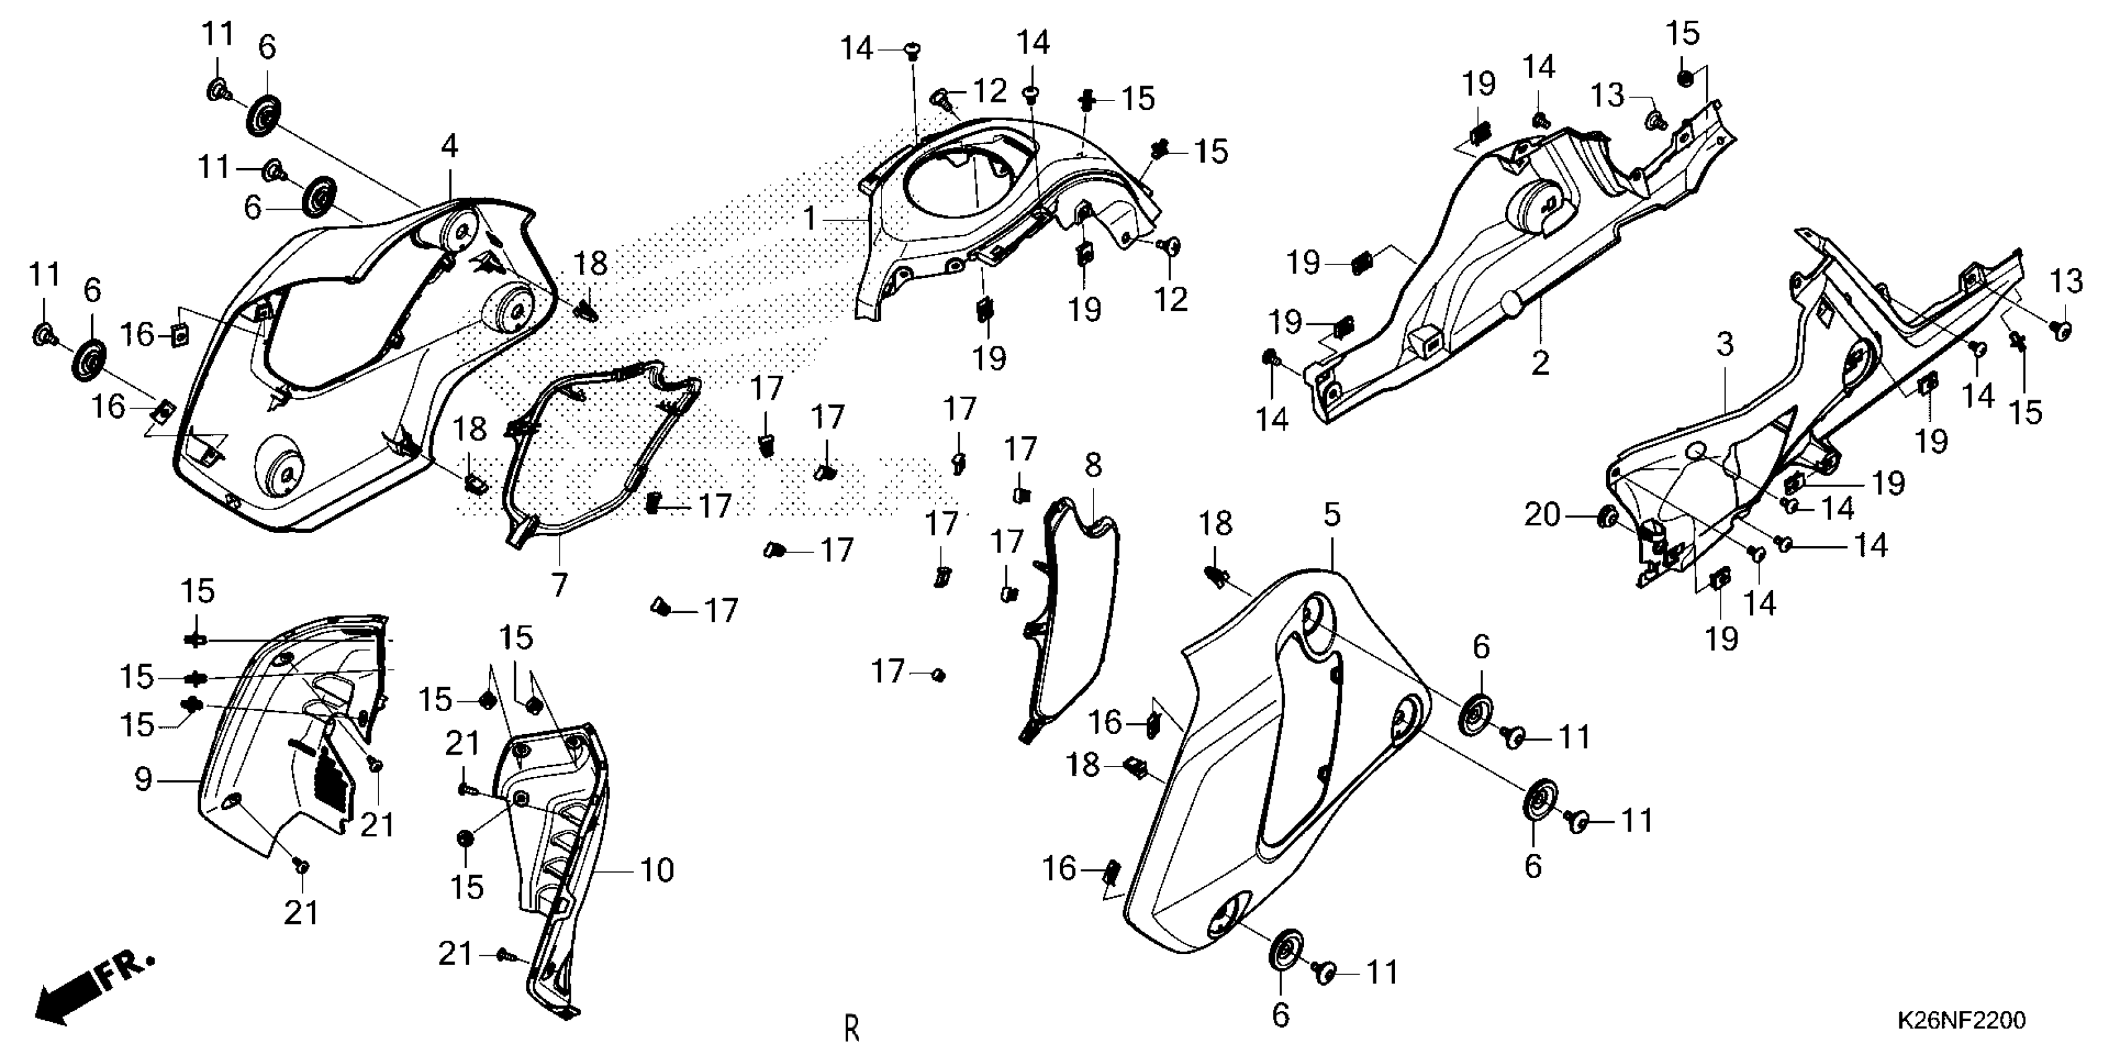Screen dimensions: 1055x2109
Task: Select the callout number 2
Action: (x=1540, y=363)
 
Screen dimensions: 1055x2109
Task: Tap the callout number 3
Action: (x=1724, y=345)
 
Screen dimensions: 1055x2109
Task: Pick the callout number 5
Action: (x=1332, y=515)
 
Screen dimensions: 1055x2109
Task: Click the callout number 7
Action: (x=559, y=585)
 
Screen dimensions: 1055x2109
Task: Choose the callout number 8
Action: (x=1094, y=466)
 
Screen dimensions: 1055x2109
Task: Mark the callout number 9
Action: (x=144, y=780)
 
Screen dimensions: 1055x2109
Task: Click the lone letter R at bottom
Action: (x=852, y=1028)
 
